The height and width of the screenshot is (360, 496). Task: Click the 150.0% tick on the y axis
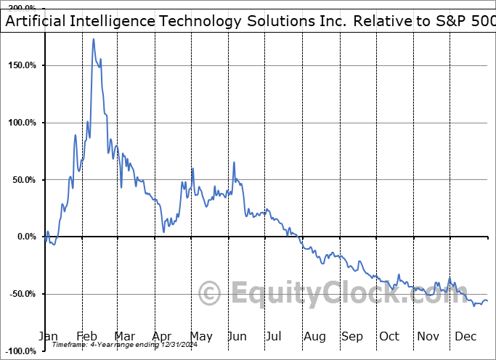[x=23, y=65]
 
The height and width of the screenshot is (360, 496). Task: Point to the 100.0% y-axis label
[x=23, y=123]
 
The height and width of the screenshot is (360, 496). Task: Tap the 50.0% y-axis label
[x=25, y=180]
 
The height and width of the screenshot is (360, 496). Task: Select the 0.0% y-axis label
[x=27, y=237]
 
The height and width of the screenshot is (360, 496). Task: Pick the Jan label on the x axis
[x=48, y=336]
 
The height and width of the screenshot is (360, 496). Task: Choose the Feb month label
[x=86, y=336]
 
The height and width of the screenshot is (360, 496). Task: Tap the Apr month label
[x=162, y=336]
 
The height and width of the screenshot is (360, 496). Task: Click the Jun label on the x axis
[x=237, y=336]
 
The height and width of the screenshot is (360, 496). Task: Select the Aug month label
[x=315, y=336]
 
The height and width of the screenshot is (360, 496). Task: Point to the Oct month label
[x=389, y=336]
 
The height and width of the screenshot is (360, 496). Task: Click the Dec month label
[x=465, y=336]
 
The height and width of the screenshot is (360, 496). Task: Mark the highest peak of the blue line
[x=94, y=39]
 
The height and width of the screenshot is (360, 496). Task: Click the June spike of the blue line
[x=234, y=163]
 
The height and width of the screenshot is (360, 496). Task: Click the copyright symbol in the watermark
[x=210, y=292]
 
